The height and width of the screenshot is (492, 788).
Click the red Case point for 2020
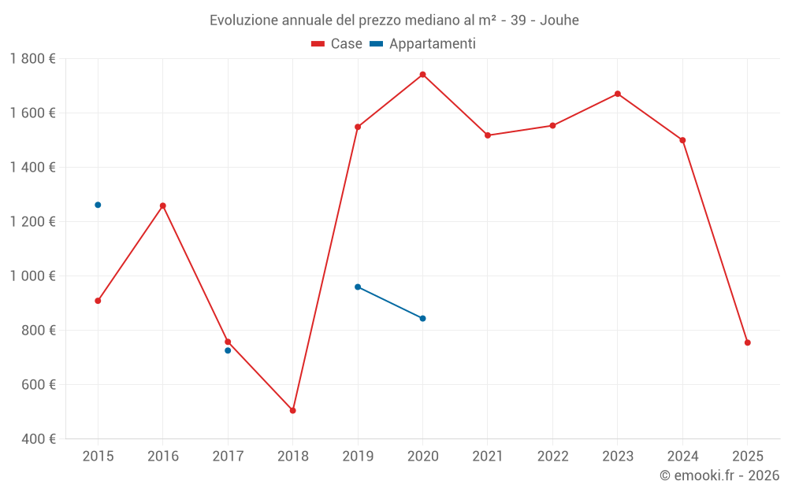tap(422, 75)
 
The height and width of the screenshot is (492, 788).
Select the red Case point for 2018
tap(292, 410)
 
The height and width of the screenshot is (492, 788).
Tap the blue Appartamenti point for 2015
tap(98, 205)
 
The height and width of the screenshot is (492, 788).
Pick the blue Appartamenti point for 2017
tap(228, 350)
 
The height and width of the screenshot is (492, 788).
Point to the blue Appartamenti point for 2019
tap(358, 287)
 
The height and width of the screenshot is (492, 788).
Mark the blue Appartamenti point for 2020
tap(422, 318)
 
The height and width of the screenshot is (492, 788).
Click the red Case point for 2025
tap(747, 342)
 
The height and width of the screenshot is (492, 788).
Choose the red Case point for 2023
tap(617, 94)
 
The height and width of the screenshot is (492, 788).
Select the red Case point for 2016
tap(163, 205)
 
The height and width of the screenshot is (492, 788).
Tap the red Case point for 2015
tap(98, 301)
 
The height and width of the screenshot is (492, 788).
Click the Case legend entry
tap(337, 44)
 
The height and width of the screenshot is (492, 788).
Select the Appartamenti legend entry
tap(423, 44)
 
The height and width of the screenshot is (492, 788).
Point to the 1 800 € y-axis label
tap(32, 59)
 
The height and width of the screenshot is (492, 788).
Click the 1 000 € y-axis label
tap(32, 276)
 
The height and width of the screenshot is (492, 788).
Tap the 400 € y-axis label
tap(38, 439)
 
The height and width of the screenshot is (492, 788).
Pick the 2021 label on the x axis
tap(488, 457)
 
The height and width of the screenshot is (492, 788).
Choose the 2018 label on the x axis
tap(292, 457)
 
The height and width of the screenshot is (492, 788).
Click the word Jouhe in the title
tap(559, 20)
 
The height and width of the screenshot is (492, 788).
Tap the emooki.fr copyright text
tap(719, 475)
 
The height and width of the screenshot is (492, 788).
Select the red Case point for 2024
tap(682, 140)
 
